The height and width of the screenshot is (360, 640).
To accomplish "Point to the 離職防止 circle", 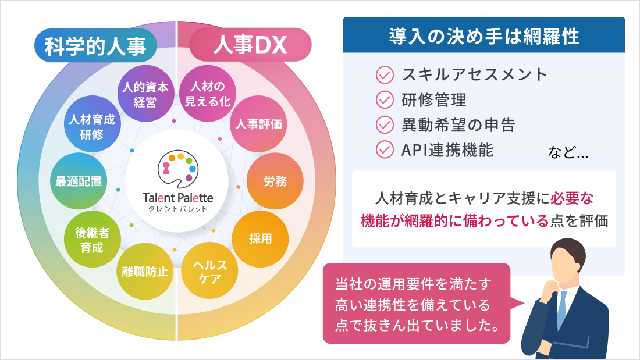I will (x=145, y=271).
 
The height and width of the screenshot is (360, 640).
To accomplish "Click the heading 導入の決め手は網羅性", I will (x=483, y=35).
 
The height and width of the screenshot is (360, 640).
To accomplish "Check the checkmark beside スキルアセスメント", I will (x=385, y=74).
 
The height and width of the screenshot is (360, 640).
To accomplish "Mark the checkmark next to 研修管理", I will (x=385, y=99).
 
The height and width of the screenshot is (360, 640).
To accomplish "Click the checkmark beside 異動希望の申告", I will (x=385, y=124).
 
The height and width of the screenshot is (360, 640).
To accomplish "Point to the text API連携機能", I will (x=447, y=149).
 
